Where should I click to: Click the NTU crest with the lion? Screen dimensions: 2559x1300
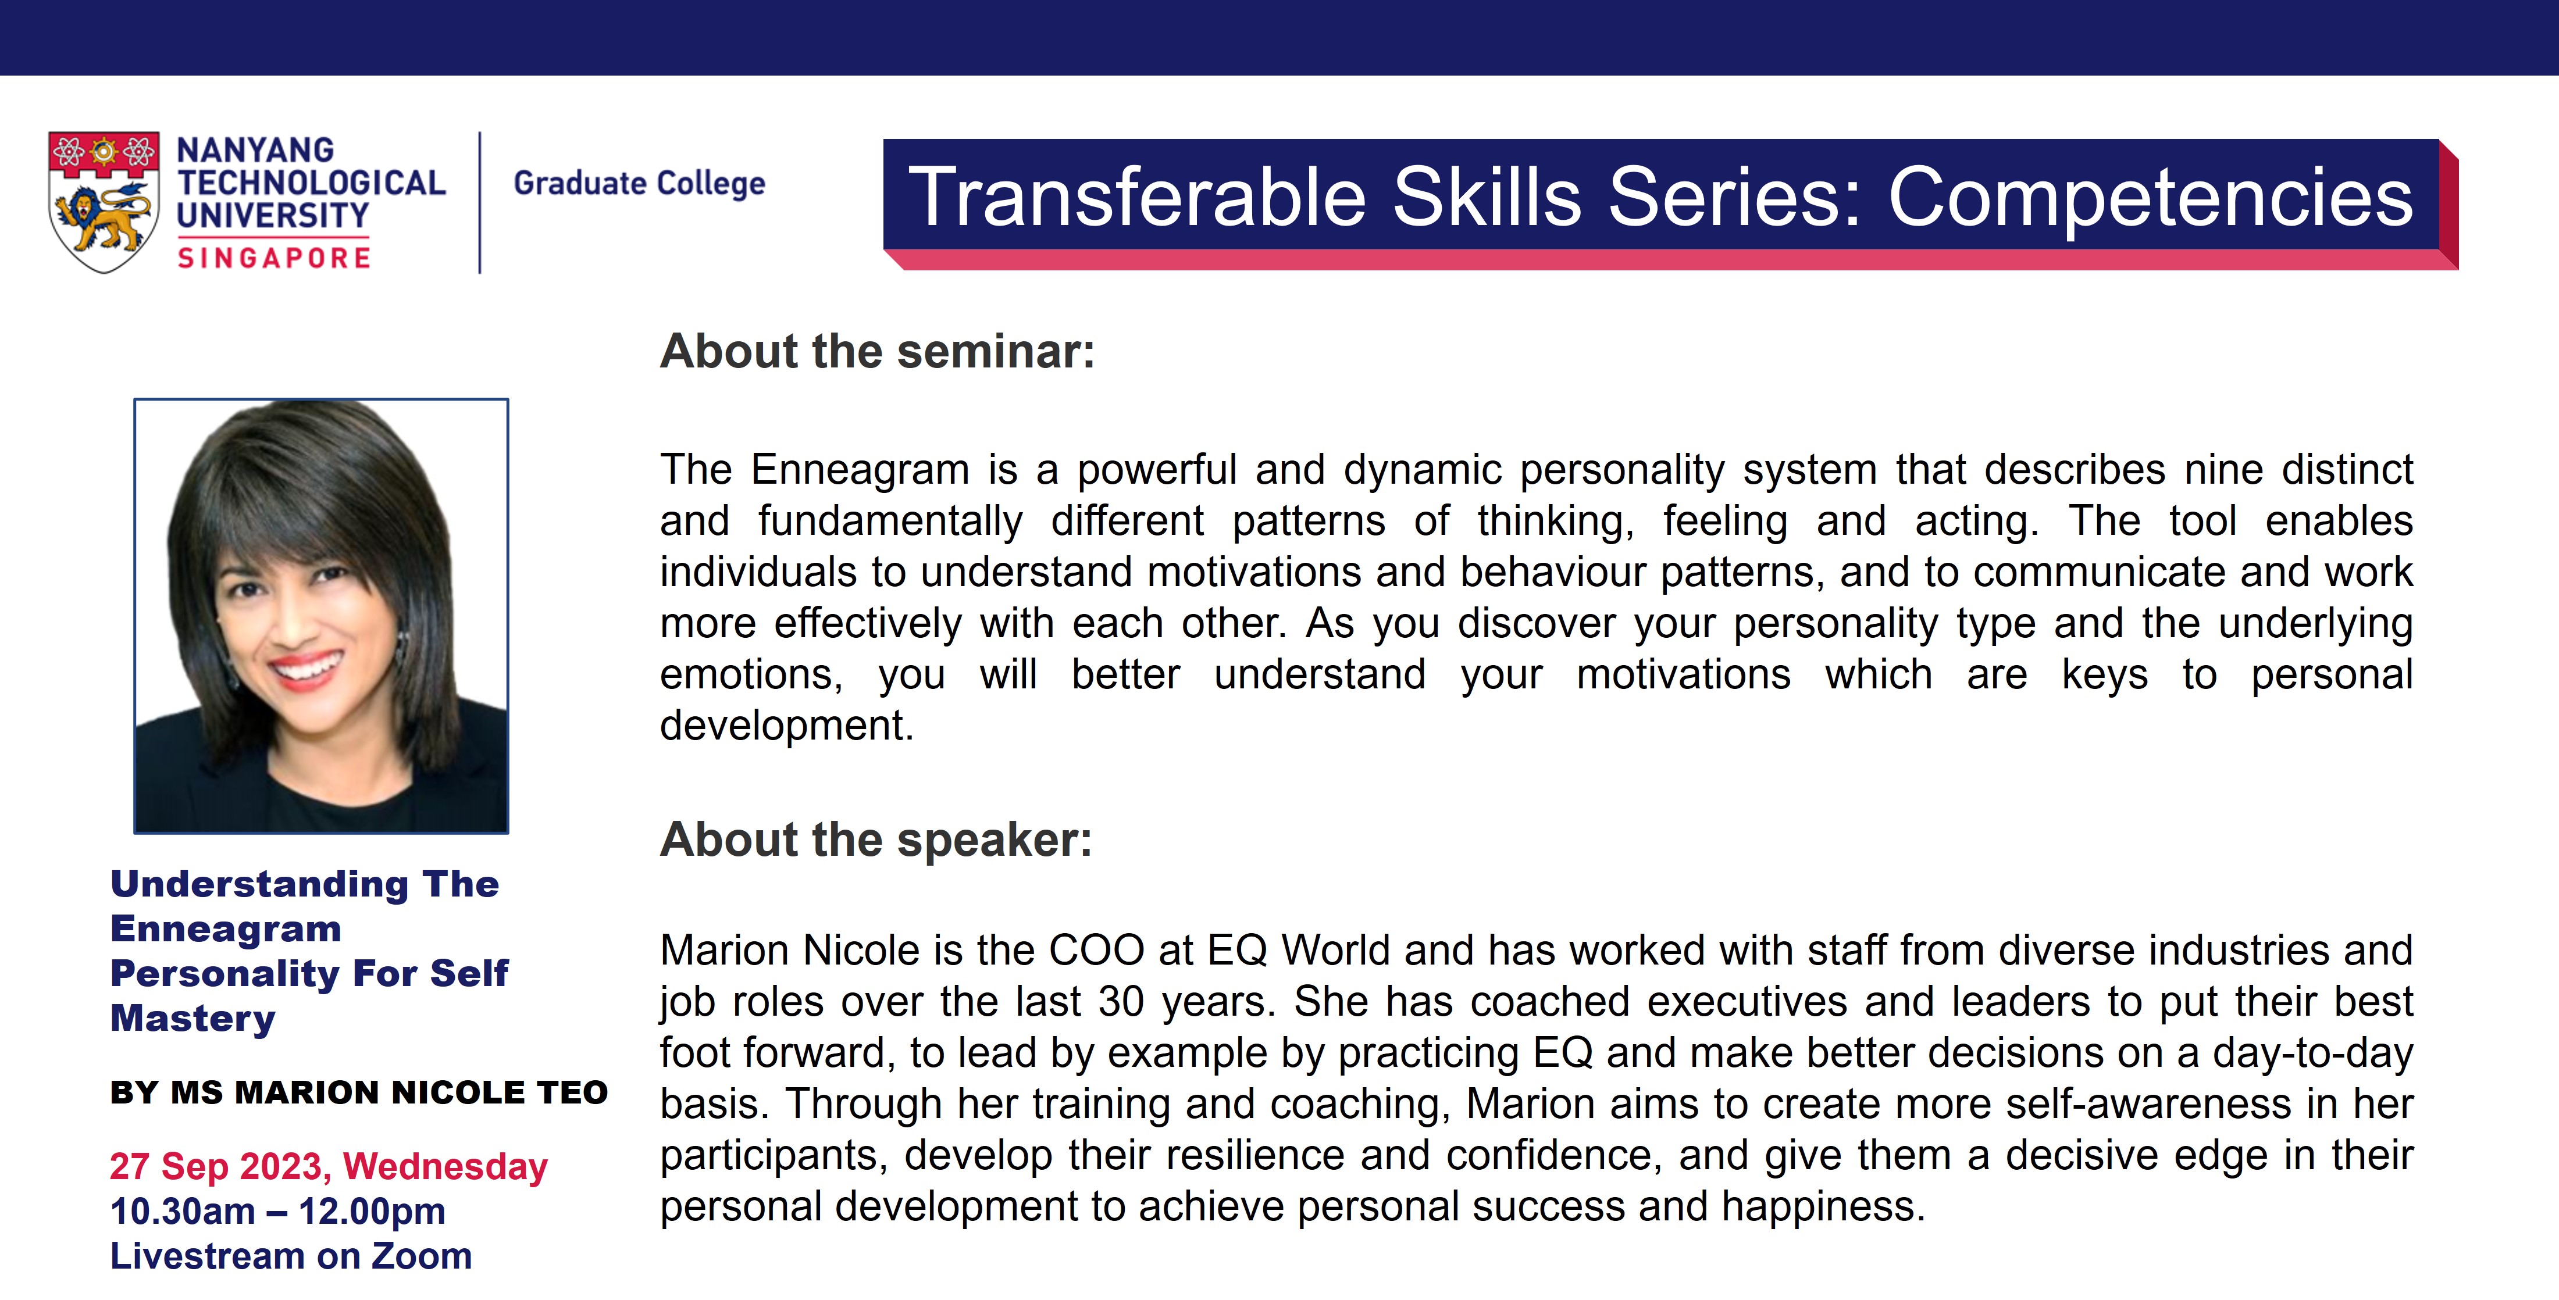pos(104,202)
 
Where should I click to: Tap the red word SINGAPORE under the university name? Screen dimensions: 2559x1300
pos(274,258)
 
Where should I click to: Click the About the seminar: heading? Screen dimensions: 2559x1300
pos(877,352)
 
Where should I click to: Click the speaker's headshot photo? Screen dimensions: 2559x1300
pos(321,616)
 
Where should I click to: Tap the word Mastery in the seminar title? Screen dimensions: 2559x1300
pos(193,1019)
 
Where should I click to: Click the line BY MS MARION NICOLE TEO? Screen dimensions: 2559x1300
pos(359,1092)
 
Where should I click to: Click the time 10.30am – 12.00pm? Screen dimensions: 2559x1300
pos(278,1212)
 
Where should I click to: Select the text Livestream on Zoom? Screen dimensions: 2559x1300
pos(291,1256)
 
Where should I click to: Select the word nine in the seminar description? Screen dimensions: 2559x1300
pos(2223,470)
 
